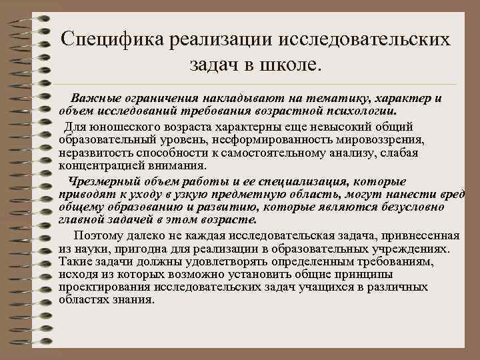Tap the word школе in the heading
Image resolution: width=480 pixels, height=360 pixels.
[288, 65]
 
